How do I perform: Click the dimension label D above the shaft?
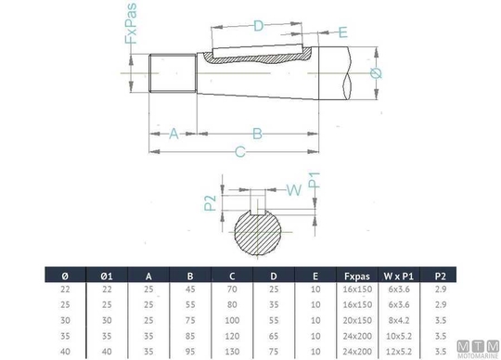pos(258,26)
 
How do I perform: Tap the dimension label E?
pos(342,32)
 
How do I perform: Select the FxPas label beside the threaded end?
pos(131,23)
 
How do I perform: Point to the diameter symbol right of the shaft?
pos(376,73)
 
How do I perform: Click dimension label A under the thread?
pos(173,134)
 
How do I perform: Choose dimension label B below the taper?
pos(257,134)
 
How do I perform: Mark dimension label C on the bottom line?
pos(240,152)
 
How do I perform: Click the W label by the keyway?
pos(294,190)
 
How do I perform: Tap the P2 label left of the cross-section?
pos(210,203)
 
